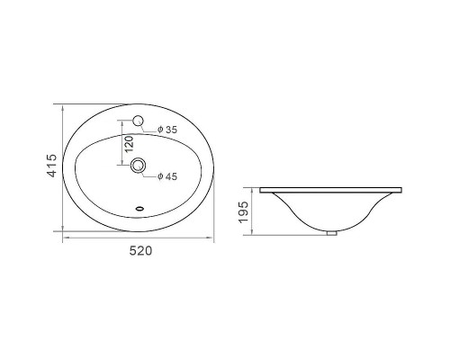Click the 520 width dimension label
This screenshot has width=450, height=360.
pos(140,251)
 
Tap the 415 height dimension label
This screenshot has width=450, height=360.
pos(52,166)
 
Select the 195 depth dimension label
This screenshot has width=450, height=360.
pos(243,212)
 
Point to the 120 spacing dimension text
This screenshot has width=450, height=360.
pos(129,143)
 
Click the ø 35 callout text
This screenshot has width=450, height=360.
pos(167,130)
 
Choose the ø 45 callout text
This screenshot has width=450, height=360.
pos(167,176)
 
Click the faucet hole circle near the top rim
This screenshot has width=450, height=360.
pos(138,121)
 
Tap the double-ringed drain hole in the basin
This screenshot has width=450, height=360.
pos(138,165)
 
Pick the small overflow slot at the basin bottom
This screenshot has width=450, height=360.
pos(139,208)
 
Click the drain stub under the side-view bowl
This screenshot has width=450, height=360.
pos(331,233)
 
